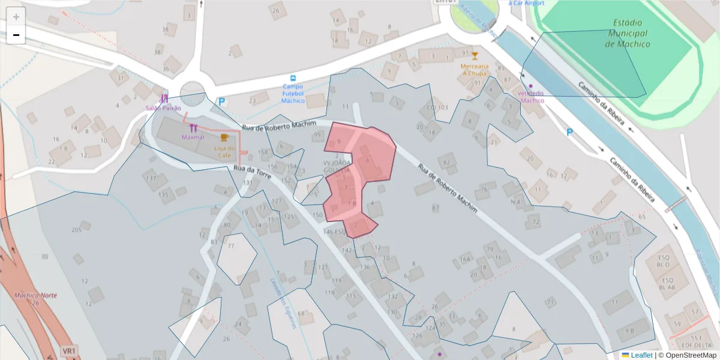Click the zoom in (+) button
coord(16,17)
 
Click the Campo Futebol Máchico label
coord(293,94)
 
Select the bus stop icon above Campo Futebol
coord(293,79)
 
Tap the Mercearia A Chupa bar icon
coord(475,56)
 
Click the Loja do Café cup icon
coord(224,138)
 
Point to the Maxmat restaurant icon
coord(193,127)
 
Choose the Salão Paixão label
coord(163,108)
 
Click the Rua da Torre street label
coord(253,173)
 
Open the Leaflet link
coord(641,355)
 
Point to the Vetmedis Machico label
coord(530,97)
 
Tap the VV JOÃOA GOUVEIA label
coord(337,166)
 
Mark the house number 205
coord(76,230)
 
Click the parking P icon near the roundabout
coord(221,102)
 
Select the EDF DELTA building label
coord(697,346)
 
